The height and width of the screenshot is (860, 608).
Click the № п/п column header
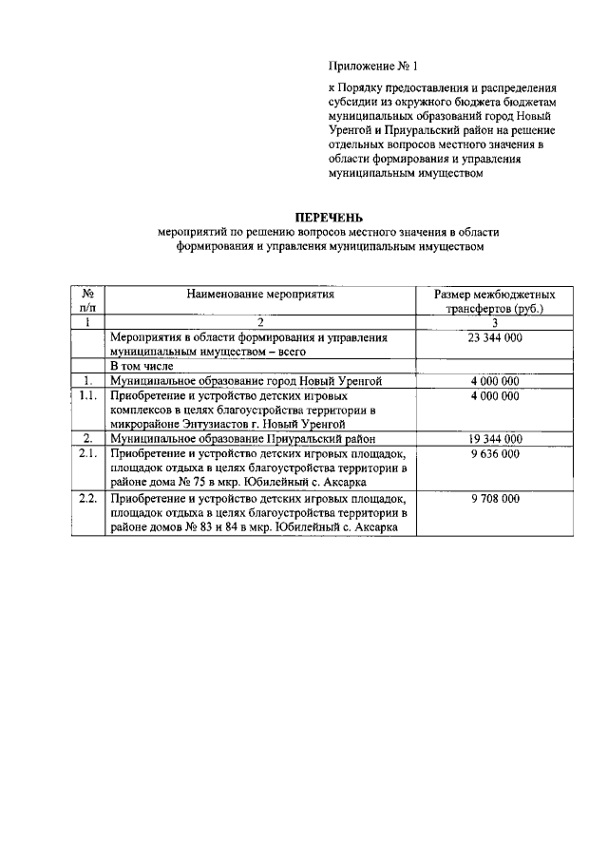87,302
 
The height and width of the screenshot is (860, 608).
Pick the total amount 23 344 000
494,337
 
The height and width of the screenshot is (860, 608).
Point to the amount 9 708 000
494,498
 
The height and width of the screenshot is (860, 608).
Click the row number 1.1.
87,395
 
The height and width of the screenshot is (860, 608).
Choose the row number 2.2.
87,498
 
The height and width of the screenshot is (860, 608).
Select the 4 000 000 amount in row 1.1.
494,395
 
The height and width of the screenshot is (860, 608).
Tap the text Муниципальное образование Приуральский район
243,439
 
